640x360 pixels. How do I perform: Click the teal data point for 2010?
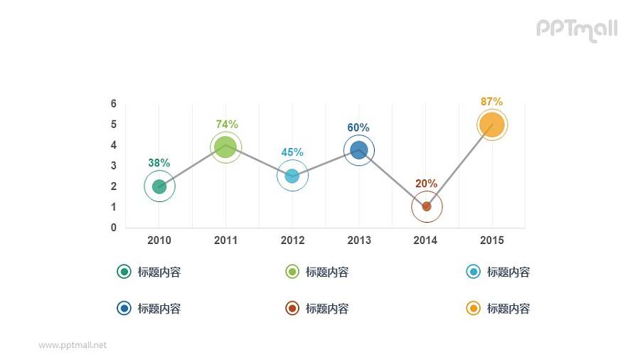tap(159, 186)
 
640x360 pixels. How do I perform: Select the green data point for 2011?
tap(226, 147)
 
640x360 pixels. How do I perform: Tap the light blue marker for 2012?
tap(292, 176)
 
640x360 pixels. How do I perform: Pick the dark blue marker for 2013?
tap(359, 150)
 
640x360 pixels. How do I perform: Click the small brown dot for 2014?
tap(427, 206)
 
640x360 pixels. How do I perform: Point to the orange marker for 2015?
tap(491, 125)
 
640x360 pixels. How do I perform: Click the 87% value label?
tap(491, 102)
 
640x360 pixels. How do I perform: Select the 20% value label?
tap(426, 184)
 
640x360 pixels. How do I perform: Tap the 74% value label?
tap(227, 124)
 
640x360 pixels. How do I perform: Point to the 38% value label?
tap(159, 163)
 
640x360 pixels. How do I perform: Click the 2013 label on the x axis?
tap(359, 240)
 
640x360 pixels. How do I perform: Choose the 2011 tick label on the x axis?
tap(225, 240)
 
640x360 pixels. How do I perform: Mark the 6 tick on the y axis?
tap(114, 104)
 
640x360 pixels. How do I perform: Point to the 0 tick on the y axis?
tap(114, 228)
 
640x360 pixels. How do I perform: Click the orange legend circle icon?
tap(473, 308)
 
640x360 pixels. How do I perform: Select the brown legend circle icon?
tap(292, 308)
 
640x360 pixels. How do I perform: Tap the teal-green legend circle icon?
tap(124, 272)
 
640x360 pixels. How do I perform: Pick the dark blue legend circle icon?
tap(124, 308)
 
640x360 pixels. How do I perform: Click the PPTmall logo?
tap(577, 29)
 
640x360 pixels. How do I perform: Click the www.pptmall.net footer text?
tap(73, 345)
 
